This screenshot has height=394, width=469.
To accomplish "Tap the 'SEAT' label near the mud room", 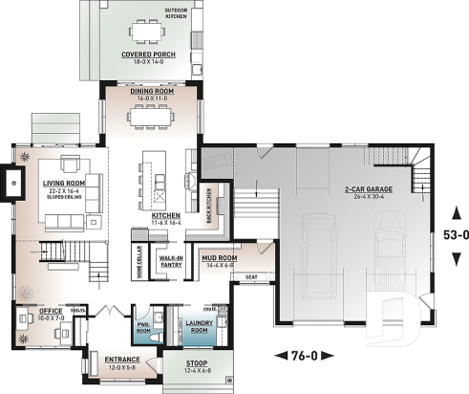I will click(x=252, y=278).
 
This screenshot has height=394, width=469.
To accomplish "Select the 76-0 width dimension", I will click(x=304, y=357).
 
